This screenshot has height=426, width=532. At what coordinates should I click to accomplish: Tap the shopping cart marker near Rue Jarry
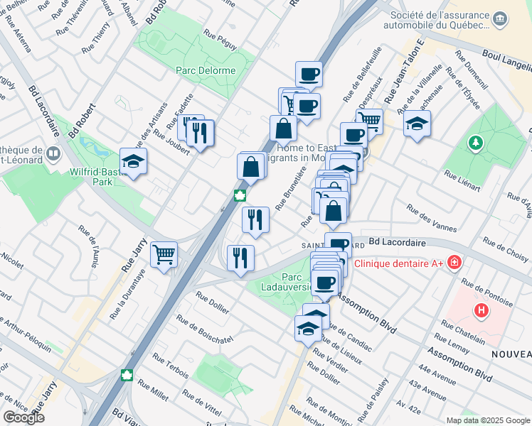pos(164,254)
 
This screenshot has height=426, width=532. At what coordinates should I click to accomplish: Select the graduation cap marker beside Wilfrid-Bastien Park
pos(133,162)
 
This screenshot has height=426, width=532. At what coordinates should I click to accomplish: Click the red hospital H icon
pos(482,310)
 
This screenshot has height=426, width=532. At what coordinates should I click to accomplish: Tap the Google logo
pos(23,417)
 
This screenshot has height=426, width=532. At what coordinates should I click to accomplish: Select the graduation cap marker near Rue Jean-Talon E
pos(417,126)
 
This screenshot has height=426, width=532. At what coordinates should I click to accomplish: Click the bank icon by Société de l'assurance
pos(500,18)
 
